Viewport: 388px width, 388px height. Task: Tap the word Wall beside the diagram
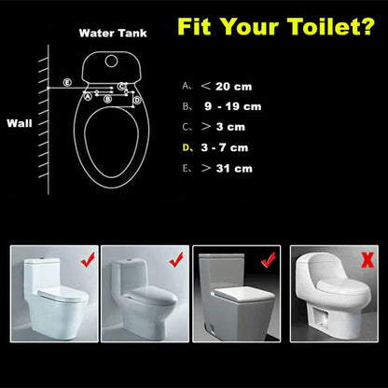click(x=20, y=122)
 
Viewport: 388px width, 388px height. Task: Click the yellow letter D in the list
click(x=186, y=147)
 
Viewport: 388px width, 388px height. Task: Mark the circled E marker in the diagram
click(x=66, y=83)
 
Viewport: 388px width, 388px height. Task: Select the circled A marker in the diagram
click(x=88, y=96)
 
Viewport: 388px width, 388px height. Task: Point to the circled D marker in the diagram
click(x=136, y=98)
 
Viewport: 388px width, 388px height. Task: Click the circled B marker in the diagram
click(x=110, y=96)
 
